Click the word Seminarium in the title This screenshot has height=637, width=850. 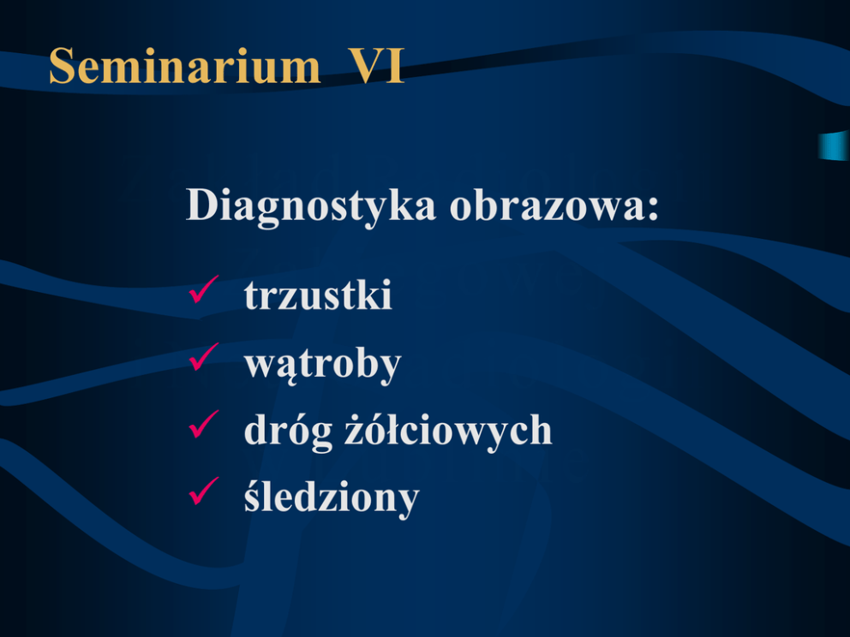(x=185, y=66)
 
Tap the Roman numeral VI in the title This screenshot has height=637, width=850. (x=375, y=66)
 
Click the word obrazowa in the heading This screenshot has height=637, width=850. (x=546, y=205)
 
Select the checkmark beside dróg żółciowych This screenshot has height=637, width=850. (x=204, y=424)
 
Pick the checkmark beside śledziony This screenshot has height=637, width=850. (x=204, y=491)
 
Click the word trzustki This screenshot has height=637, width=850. (x=318, y=295)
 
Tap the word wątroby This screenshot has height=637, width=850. (x=322, y=366)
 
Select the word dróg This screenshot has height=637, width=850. (x=288, y=432)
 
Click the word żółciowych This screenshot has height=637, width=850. (x=448, y=432)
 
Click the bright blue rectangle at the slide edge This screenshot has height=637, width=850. (x=835, y=146)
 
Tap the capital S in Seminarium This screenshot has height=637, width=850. (x=62, y=66)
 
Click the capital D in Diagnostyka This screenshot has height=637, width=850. (x=203, y=205)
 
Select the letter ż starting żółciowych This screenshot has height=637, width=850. (x=355, y=432)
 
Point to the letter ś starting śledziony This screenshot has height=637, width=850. (x=253, y=497)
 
